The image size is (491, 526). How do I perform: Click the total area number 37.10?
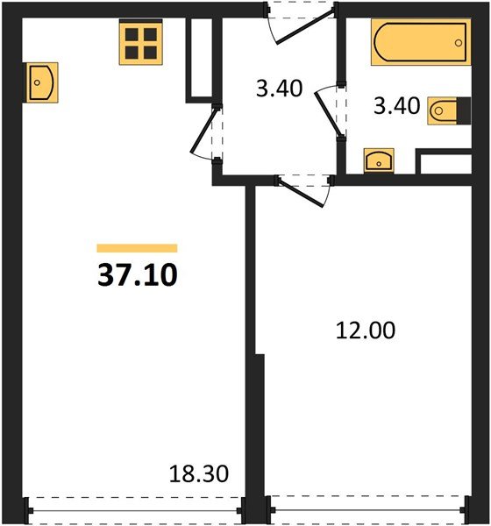[x=138, y=274]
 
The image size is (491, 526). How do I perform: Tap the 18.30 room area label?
[x=199, y=474]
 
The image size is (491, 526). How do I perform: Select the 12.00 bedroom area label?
[x=366, y=331]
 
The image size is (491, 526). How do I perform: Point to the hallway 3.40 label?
[x=279, y=89]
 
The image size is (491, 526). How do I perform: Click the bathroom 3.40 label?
[x=396, y=106]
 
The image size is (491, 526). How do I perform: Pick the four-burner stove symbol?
[x=141, y=43]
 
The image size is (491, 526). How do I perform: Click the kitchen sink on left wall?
[x=41, y=82]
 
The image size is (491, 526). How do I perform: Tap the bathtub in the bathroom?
[x=421, y=42]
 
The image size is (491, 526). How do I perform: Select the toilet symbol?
[x=449, y=111]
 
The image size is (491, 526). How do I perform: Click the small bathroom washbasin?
[x=379, y=160]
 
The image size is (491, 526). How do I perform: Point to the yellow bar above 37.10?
[x=137, y=248]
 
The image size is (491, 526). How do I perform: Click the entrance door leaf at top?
[x=305, y=26]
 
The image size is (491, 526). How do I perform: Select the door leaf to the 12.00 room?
[x=301, y=194]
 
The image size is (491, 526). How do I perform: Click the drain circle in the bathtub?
[x=459, y=43]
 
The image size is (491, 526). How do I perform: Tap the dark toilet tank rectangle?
[x=464, y=110]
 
